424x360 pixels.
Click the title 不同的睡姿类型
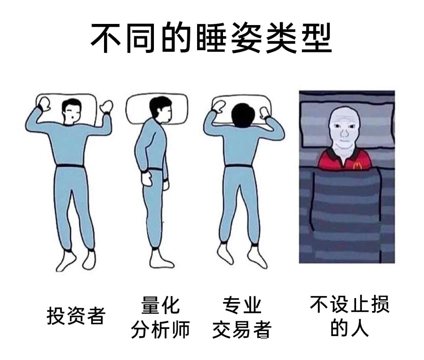(211, 37)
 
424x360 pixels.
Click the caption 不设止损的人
(350, 316)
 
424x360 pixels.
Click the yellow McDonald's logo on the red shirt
(358, 165)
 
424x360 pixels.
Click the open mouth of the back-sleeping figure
(73, 118)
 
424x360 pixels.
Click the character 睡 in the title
(211, 37)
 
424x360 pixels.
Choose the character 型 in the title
(317, 37)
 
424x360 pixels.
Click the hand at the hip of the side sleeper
(147, 178)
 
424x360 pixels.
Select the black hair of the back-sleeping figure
(71, 104)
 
